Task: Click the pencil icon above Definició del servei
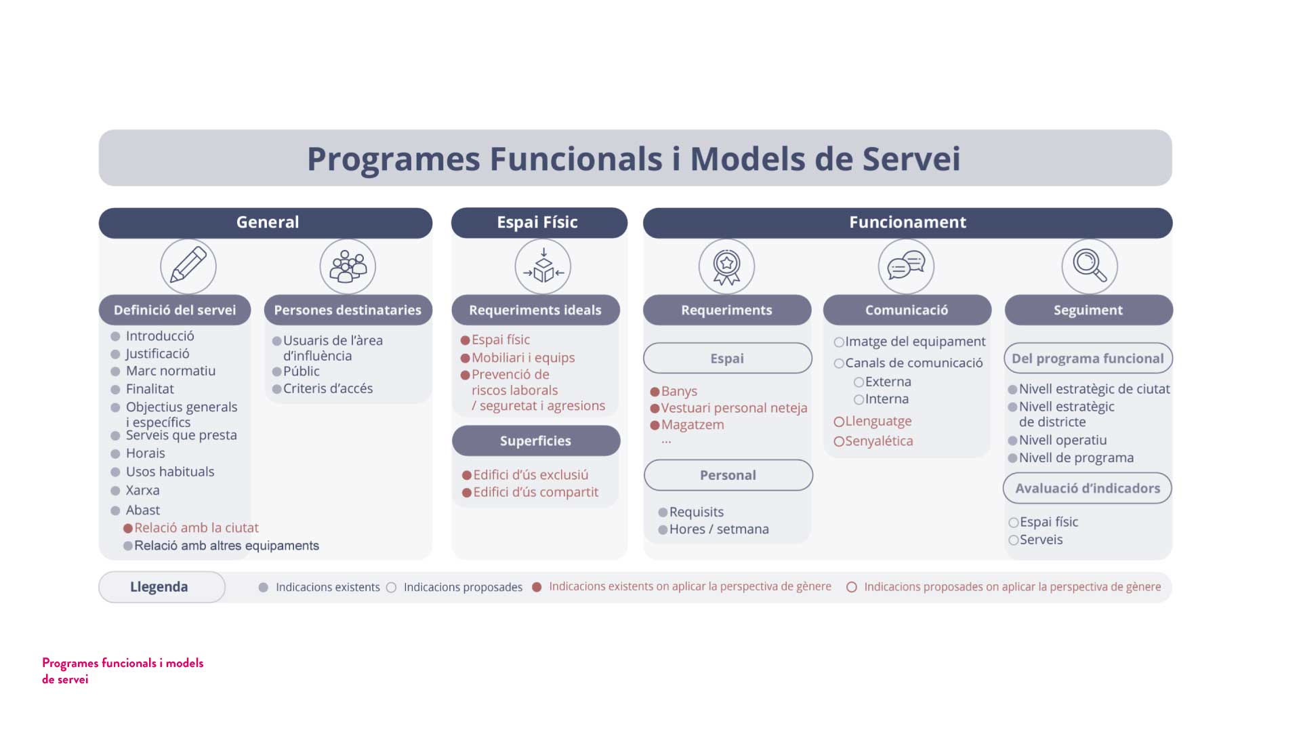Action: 188,266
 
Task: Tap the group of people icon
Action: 348,266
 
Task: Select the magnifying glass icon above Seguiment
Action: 1090,266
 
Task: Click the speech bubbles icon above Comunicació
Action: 906,266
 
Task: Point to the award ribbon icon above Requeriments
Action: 726,266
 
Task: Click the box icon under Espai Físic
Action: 543,266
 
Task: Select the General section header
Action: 266,222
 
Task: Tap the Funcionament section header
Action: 908,222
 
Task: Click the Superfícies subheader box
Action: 536,441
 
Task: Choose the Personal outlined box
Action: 728,475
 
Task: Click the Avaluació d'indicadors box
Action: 1088,488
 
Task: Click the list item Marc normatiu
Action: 171,371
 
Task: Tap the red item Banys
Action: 679,391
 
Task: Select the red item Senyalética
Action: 879,441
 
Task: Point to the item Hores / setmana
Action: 719,529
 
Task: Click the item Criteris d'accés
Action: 328,388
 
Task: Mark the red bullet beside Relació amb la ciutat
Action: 128,528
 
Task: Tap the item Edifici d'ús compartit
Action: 536,492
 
